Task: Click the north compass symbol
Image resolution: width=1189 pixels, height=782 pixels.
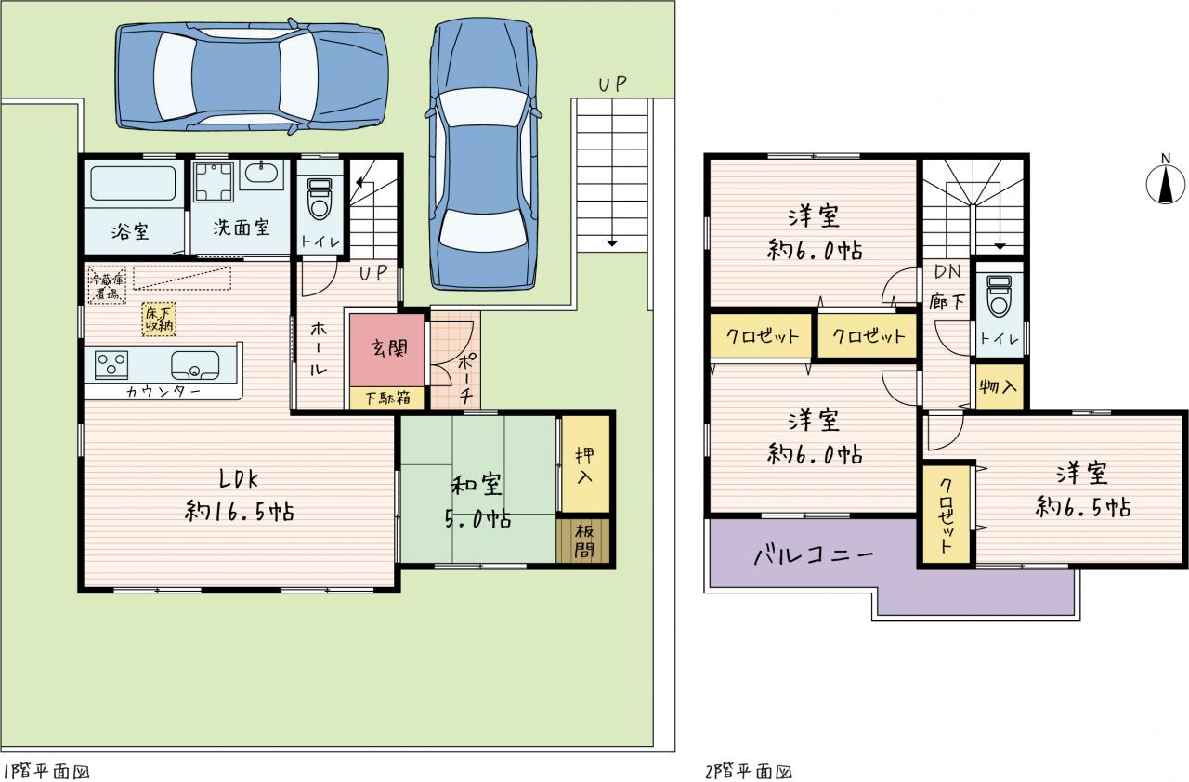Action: (x=1165, y=184)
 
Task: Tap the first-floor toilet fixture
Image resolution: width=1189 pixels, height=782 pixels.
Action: (x=320, y=199)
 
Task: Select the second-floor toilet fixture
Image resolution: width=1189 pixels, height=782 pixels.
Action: (x=999, y=296)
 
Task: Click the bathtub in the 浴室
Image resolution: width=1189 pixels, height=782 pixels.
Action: (x=133, y=183)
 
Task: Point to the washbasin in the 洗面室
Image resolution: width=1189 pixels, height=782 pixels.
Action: (x=261, y=174)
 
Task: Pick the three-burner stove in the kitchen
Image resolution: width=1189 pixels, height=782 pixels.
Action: (x=111, y=365)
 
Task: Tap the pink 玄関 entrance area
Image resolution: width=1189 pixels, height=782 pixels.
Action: (x=387, y=351)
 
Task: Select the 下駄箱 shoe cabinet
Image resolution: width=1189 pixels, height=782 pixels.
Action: (x=387, y=398)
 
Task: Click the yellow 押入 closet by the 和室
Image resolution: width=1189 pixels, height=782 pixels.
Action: (x=585, y=463)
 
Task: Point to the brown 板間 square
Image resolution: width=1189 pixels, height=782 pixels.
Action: (x=582, y=541)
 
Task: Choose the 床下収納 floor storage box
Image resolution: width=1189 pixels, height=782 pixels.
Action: (x=159, y=319)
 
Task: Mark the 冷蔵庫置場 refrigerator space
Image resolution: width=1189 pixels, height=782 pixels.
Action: (x=107, y=285)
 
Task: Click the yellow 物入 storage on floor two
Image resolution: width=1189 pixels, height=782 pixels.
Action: (x=1000, y=386)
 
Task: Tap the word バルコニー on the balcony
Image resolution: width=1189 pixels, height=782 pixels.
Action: (x=814, y=556)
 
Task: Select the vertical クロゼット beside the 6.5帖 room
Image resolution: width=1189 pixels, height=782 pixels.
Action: (x=946, y=515)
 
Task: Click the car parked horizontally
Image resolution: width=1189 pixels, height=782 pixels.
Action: (x=252, y=77)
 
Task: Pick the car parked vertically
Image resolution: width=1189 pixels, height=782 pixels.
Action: (x=484, y=154)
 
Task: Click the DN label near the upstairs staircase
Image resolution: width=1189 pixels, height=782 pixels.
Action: (x=948, y=271)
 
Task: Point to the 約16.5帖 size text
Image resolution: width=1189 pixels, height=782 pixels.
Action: (x=240, y=512)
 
